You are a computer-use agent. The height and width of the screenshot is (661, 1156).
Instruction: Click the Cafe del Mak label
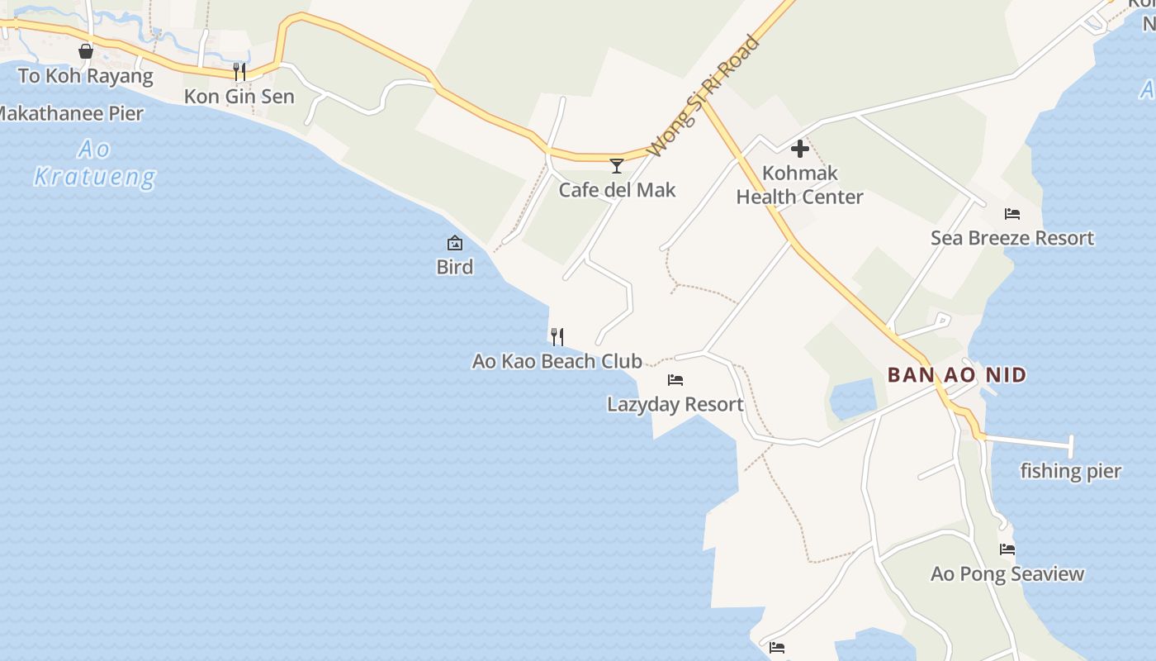click(x=617, y=190)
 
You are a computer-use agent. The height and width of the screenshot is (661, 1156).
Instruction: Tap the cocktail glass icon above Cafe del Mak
click(x=616, y=166)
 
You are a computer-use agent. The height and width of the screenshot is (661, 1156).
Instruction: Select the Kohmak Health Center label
click(x=799, y=185)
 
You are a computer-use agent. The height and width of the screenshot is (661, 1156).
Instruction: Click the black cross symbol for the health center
click(x=799, y=150)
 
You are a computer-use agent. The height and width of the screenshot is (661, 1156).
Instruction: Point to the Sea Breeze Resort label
click(x=1012, y=238)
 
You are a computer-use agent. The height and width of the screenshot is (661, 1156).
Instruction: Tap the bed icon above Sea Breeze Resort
click(x=1012, y=214)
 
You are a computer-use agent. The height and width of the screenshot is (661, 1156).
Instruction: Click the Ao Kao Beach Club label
click(x=557, y=361)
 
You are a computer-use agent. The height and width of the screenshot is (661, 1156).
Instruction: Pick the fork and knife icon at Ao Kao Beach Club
click(x=557, y=336)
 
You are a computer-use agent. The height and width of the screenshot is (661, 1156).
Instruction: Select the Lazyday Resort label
click(x=675, y=404)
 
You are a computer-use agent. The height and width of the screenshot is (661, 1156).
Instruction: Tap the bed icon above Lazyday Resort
click(x=675, y=380)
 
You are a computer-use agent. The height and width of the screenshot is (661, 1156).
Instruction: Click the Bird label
click(x=455, y=267)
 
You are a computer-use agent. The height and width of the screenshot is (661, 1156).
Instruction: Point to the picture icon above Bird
click(x=455, y=243)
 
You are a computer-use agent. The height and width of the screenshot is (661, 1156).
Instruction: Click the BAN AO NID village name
click(x=957, y=375)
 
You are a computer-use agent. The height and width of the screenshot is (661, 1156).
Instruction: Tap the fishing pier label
click(x=1070, y=471)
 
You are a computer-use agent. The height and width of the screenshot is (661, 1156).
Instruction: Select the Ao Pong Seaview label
click(x=1007, y=573)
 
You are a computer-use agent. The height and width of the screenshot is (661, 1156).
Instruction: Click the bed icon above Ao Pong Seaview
click(x=1007, y=549)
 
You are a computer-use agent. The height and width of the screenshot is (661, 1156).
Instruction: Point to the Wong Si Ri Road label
click(x=703, y=96)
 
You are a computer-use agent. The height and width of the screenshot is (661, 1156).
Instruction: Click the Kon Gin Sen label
click(x=239, y=97)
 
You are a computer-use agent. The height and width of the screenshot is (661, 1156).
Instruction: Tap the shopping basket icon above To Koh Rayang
click(x=86, y=52)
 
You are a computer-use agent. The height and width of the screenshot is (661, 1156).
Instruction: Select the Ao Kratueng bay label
click(x=95, y=163)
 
